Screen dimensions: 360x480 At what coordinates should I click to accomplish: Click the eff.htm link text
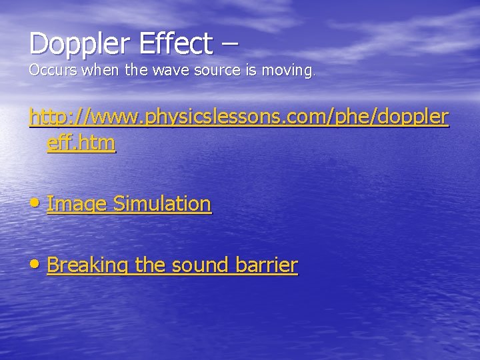[81, 143]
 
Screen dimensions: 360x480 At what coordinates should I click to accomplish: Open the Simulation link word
[162, 204]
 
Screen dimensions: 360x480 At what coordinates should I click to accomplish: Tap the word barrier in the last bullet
[266, 265]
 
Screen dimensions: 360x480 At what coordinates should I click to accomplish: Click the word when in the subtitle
[97, 70]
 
